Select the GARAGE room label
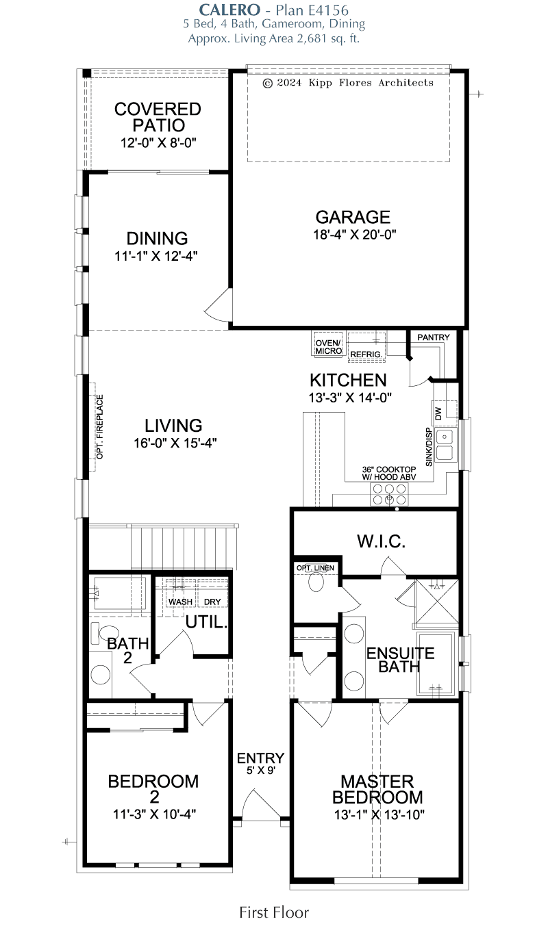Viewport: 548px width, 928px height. pos(353,218)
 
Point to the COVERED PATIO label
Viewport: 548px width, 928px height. pos(158,117)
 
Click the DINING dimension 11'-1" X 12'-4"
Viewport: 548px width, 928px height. pos(157,257)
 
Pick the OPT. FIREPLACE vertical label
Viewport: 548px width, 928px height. pos(99,427)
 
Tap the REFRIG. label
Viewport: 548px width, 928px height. pos(366,355)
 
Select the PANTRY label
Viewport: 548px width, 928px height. pos(433,337)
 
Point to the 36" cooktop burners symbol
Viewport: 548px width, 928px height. pos(388,494)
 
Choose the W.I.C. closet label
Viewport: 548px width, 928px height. pos(381,542)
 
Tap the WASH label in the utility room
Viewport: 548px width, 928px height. pos(180,602)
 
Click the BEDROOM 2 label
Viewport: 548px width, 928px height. pos(153,788)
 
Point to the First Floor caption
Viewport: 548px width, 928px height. pos(273,912)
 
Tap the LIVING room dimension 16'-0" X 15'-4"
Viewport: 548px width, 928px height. pos(175,443)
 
